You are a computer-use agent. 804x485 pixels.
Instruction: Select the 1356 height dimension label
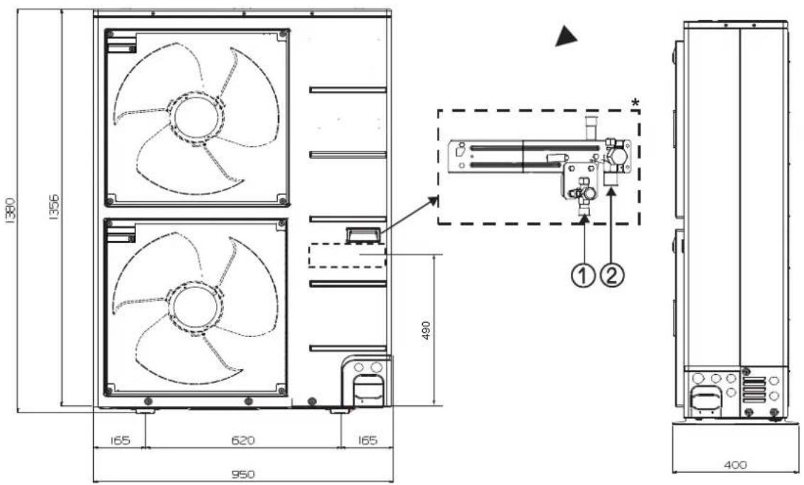pos(54,207)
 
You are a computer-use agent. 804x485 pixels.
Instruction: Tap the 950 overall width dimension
pos(242,474)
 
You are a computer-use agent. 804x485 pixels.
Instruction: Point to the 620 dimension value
pos(242,440)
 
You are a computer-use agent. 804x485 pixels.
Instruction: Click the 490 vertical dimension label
pos(425,331)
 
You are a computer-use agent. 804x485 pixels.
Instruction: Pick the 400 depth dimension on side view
pos(735,465)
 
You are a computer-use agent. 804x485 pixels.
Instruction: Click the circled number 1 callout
pos(583,277)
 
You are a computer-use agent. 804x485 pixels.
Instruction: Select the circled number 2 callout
pos(612,277)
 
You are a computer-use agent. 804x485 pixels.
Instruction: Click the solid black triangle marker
pos(566,38)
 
